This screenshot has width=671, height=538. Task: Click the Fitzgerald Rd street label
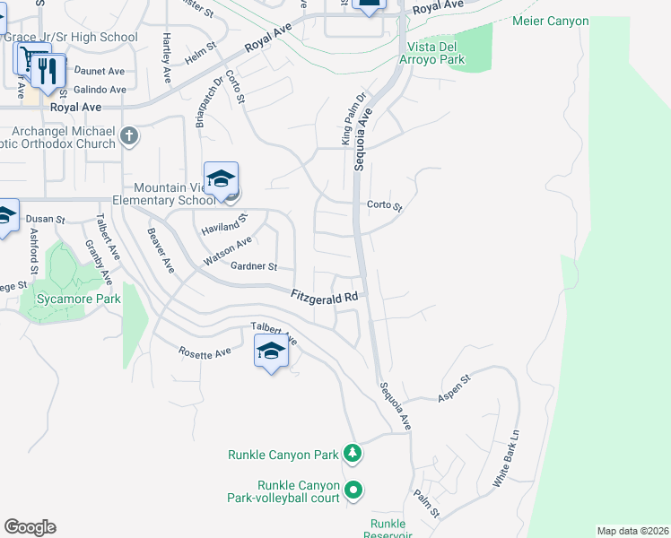[x=326, y=296]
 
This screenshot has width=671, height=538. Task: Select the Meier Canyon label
[x=550, y=21]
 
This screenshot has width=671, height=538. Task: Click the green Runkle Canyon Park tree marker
[x=353, y=454]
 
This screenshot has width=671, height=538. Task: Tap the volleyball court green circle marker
[x=353, y=490]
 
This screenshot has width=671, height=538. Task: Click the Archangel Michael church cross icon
[x=129, y=136]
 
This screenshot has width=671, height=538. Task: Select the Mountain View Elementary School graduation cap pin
[x=221, y=178]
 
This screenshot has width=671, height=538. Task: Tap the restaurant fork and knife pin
[x=48, y=71]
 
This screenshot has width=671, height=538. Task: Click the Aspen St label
[x=454, y=395]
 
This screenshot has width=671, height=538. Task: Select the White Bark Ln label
[x=506, y=459]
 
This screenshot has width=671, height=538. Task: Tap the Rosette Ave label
[x=205, y=353]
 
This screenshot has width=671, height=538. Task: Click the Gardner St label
[x=254, y=267]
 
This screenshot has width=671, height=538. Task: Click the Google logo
[x=30, y=527]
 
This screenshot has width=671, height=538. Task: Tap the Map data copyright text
[x=632, y=531]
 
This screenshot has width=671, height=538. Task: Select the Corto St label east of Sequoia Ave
[x=385, y=205]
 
